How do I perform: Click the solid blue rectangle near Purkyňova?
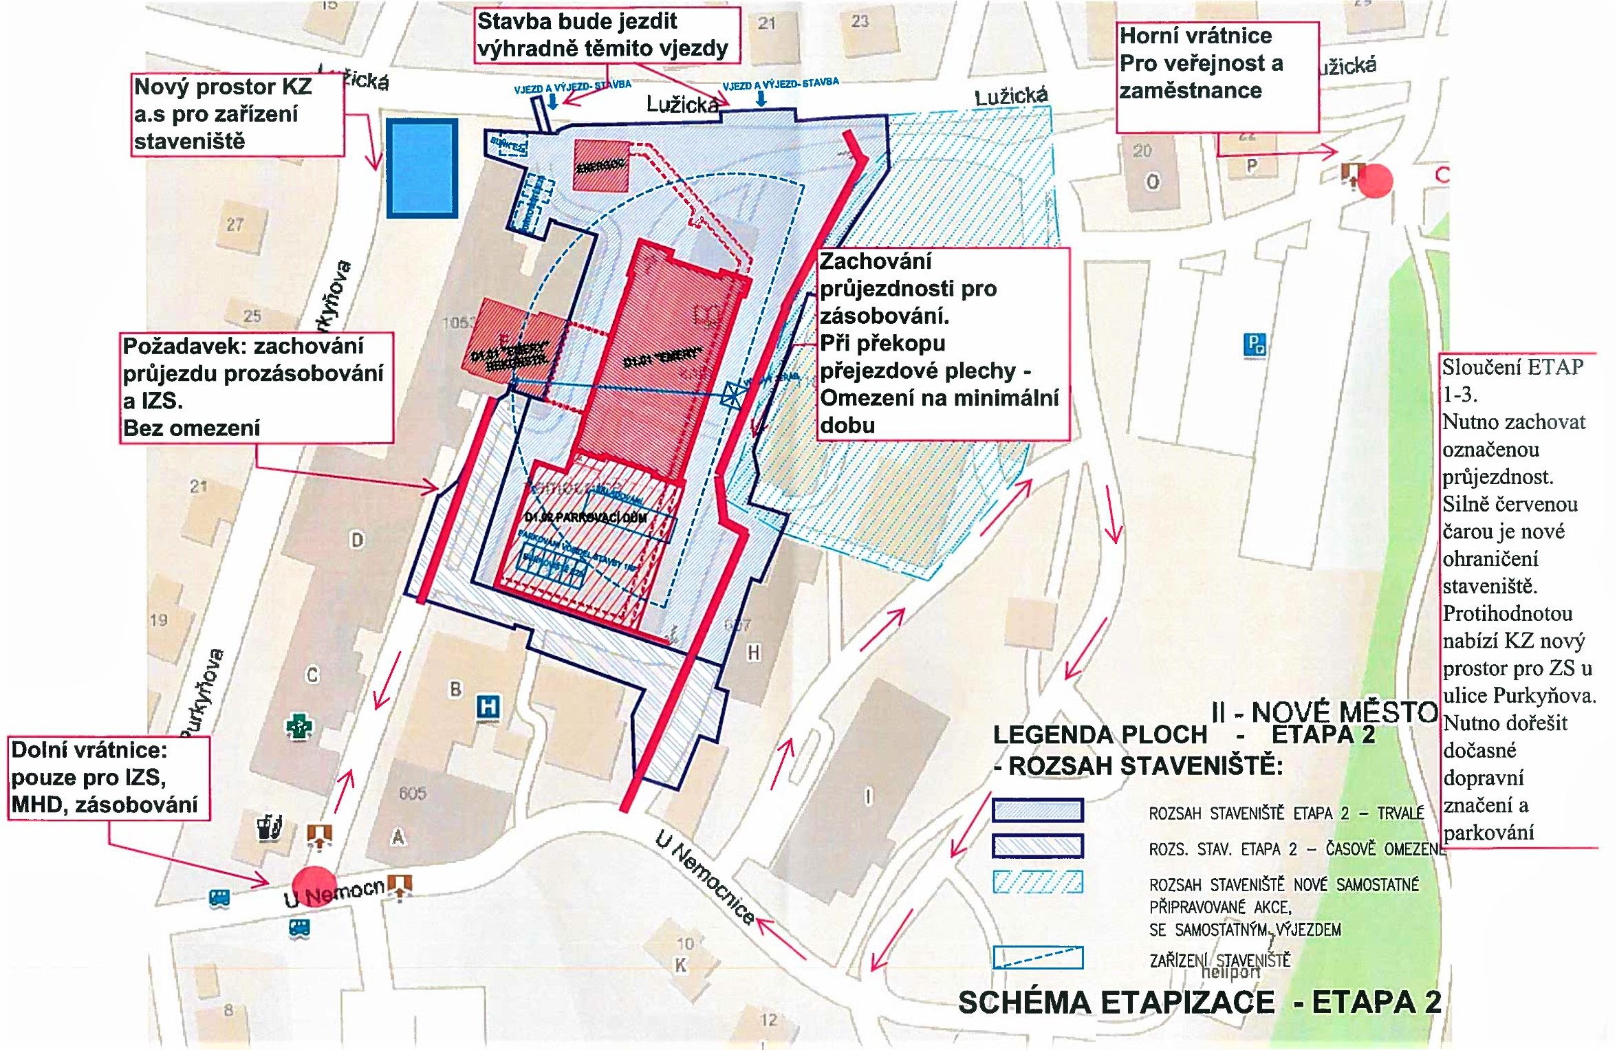pyautogui.click(x=422, y=168)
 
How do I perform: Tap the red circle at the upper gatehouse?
pyautogui.click(x=1375, y=181)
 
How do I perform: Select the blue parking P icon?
pyautogui.click(x=1255, y=344)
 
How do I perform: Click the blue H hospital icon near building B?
pyautogui.click(x=488, y=708)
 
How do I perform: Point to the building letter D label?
pyautogui.click(x=357, y=540)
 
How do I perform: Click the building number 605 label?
pyautogui.click(x=412, y=794)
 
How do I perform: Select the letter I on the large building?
pyautogui.click(x=868, y=797)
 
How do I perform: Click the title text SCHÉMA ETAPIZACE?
pyautogui.click(x=1116, y=1003)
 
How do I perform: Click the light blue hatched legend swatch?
pyautogui.click(x=1037, y=882)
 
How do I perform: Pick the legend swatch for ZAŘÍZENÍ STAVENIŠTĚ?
pyautogui.click(x=1037, y=957)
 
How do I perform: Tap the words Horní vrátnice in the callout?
pyautogui.click(x=1195, y=36)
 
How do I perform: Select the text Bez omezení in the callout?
pyautogui.click(x=191, y=428)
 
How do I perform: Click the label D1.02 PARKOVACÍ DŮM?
pyautogui.click(x=585, y=518)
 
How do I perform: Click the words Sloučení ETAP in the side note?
pyautogui.click(x=1512, y=367)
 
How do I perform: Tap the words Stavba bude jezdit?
pyautogui.click(x=576, y=21)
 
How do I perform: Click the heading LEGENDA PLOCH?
pyautogui.click(x=1100, y=735)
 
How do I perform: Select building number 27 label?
pyautogui.click(x=235, y=225)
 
